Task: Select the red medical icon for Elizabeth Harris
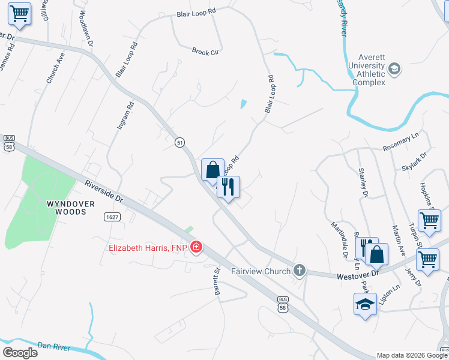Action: [196, 247]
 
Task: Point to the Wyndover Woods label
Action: [70, 208]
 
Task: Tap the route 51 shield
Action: [179, 142]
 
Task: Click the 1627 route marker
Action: [112, 216]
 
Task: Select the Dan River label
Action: [54, 347]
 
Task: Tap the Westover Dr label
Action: [358, 273]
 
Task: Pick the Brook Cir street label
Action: [205, 52]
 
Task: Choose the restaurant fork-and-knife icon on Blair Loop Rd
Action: [228, 187]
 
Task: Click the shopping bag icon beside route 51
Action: [212, 169]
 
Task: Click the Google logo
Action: [19, 353]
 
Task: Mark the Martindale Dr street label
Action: [340, 239]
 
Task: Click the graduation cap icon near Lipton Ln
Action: [365, 304]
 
